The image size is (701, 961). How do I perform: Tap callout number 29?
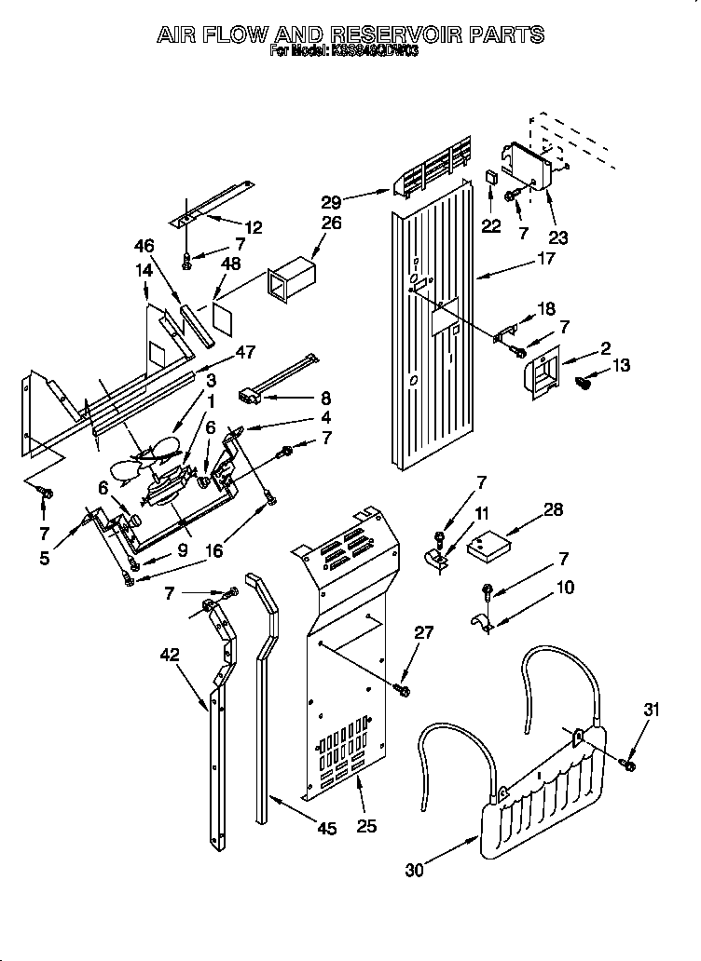(358, 199)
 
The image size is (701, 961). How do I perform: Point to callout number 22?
(490, 225)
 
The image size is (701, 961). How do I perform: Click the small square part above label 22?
(491, 177)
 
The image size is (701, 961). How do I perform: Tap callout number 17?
(546, 259)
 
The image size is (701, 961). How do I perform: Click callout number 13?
(621, 365)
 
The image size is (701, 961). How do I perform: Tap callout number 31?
(651, 711)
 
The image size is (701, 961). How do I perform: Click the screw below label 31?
(628, 764)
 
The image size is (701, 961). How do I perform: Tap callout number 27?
(423, 632)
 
